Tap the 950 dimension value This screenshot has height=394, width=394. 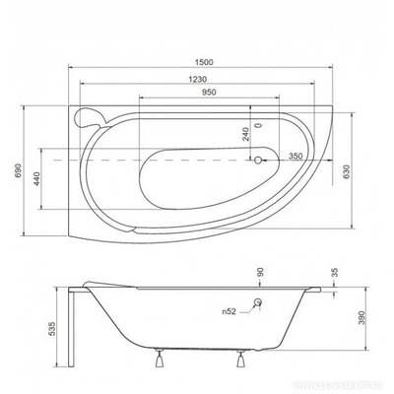(x=204, y=95)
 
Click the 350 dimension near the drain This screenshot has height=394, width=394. (x=294, y=157)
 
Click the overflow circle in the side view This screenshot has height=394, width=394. (x=258, y=303)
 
